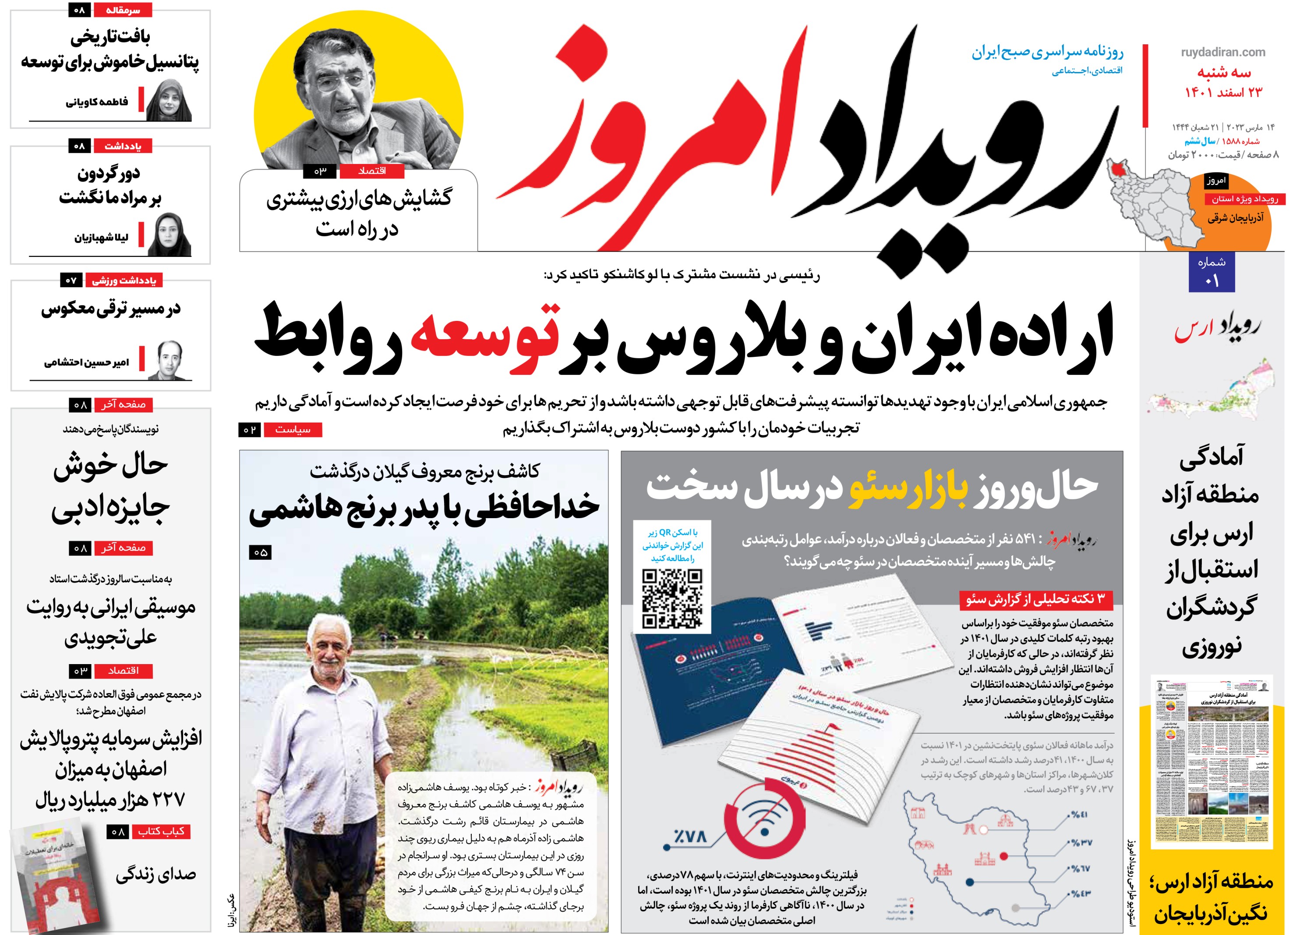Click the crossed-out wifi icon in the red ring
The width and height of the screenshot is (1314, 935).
click(x=765, y=818)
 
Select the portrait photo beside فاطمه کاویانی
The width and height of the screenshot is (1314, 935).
click(x=169, y=101)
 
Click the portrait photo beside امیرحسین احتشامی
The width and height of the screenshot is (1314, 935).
click(x=169, y=360)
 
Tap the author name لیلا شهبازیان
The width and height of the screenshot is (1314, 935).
click(x=101, y=237)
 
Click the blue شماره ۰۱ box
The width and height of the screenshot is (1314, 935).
click(x=1212, y=272)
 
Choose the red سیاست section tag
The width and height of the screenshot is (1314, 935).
click(x=293, y=430)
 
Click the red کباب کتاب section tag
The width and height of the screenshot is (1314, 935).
click(x=161, y=832)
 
